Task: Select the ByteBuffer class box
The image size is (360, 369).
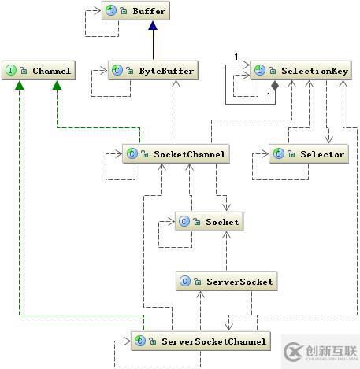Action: coord(151,71)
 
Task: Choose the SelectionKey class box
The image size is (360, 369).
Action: coord(299,71)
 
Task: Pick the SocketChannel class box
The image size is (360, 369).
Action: coord(176,154)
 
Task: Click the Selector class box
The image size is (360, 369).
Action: coord(307,154)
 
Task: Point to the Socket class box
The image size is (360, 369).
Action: coord(208,222)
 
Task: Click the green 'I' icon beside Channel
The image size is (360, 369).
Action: coord(10,71)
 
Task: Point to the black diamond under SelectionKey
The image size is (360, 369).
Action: coord(274,84)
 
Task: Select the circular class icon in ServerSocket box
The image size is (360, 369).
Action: coord(184,281)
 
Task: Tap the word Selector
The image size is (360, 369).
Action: coord(322,154)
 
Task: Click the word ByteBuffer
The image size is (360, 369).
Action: coord(165,71)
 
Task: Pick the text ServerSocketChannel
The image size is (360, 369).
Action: coord(213,341)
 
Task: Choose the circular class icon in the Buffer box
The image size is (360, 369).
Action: coord(110,12)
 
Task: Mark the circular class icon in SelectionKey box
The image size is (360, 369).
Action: coord(259,71)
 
